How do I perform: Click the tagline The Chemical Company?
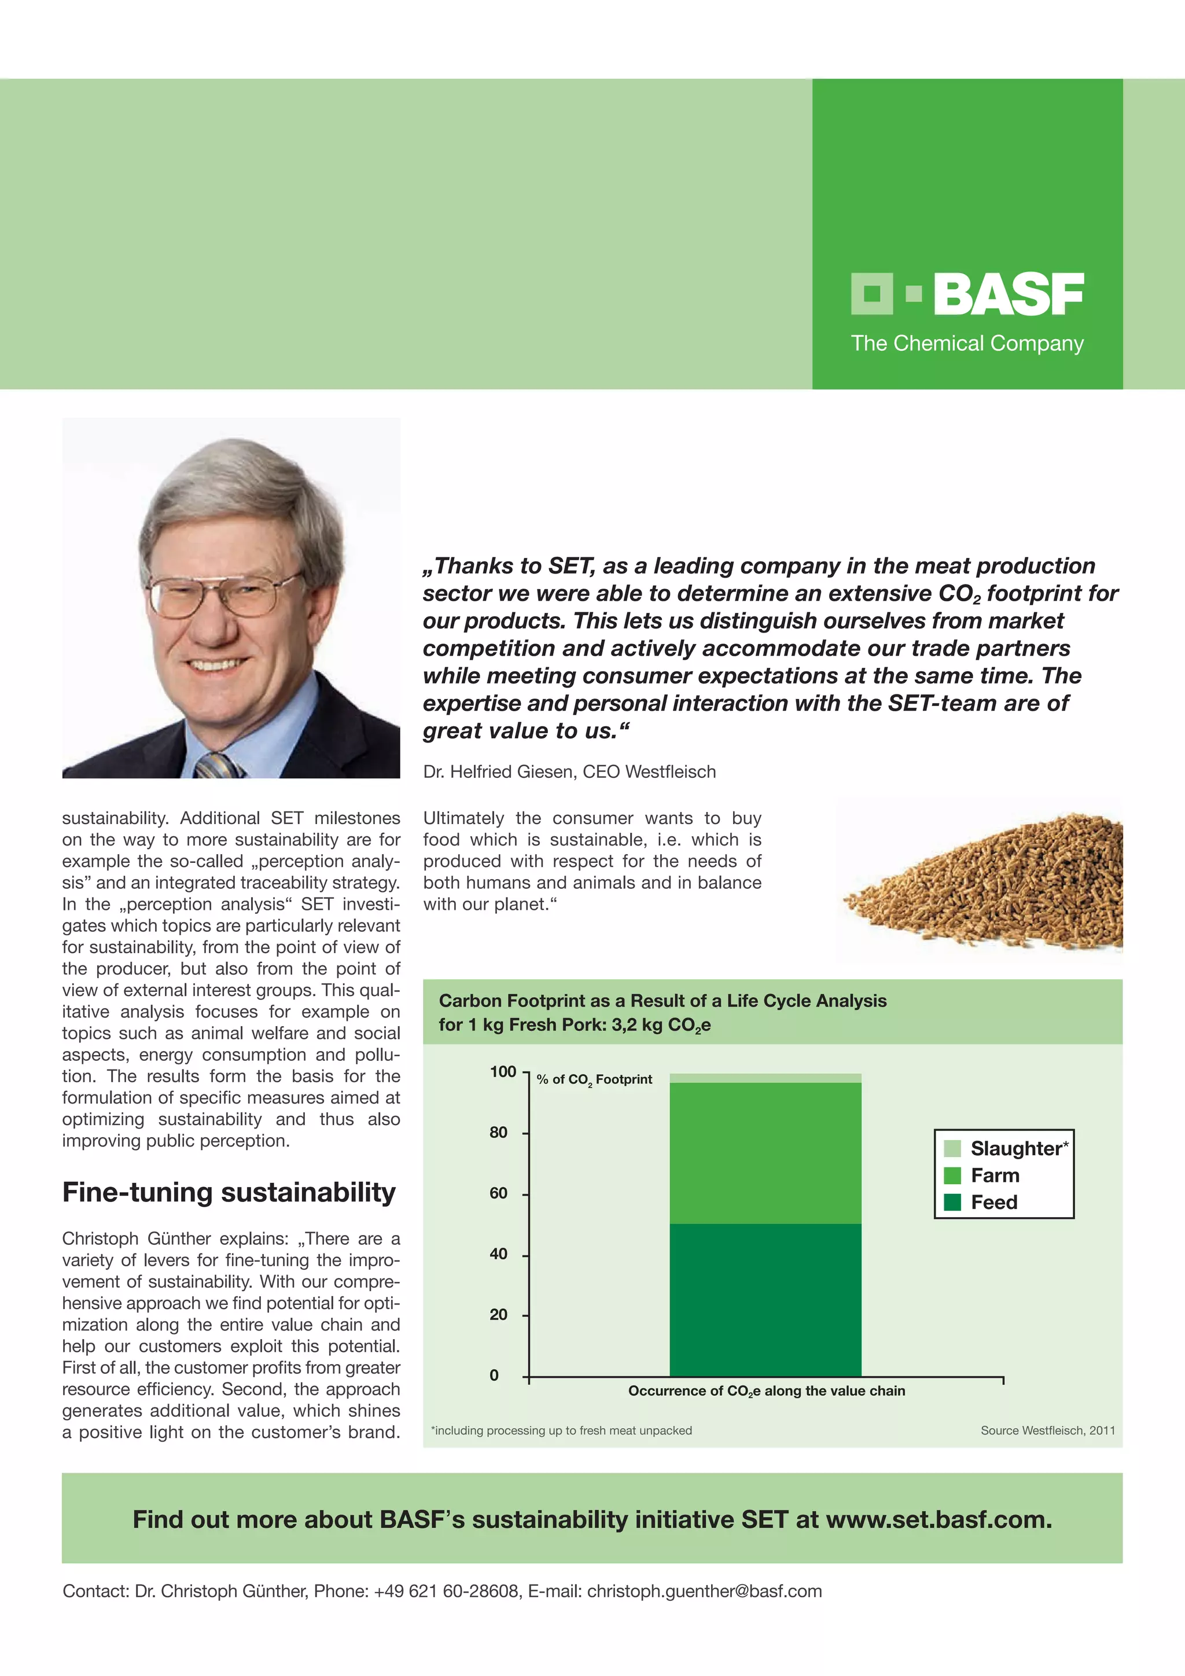pyautogui.click(x=967, y=343)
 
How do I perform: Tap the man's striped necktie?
pyautogui.click(x=219, y=765)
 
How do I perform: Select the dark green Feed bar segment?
pyautogui.click(x=765, y=1299)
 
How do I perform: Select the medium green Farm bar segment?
pyautogui.click(x=765, y=1153)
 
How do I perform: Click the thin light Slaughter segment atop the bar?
pyautogui.click(x=765, y=1078)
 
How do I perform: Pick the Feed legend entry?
pyautogui.click(x=993, y=1202)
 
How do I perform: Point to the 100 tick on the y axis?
pyautogui.click(x=503, y=1072)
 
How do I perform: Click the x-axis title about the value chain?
pyautogui.click(x=766, y=1391)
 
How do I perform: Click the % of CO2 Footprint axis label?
pyautogui.click(x=594, y=1079)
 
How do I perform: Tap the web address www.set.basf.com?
pyautogui.click(x=939, y=1519)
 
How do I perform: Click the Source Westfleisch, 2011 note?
pyautogui.click(x=1047, y=1430)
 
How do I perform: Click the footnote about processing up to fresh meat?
pyautogui.click(x=562, y=1430)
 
